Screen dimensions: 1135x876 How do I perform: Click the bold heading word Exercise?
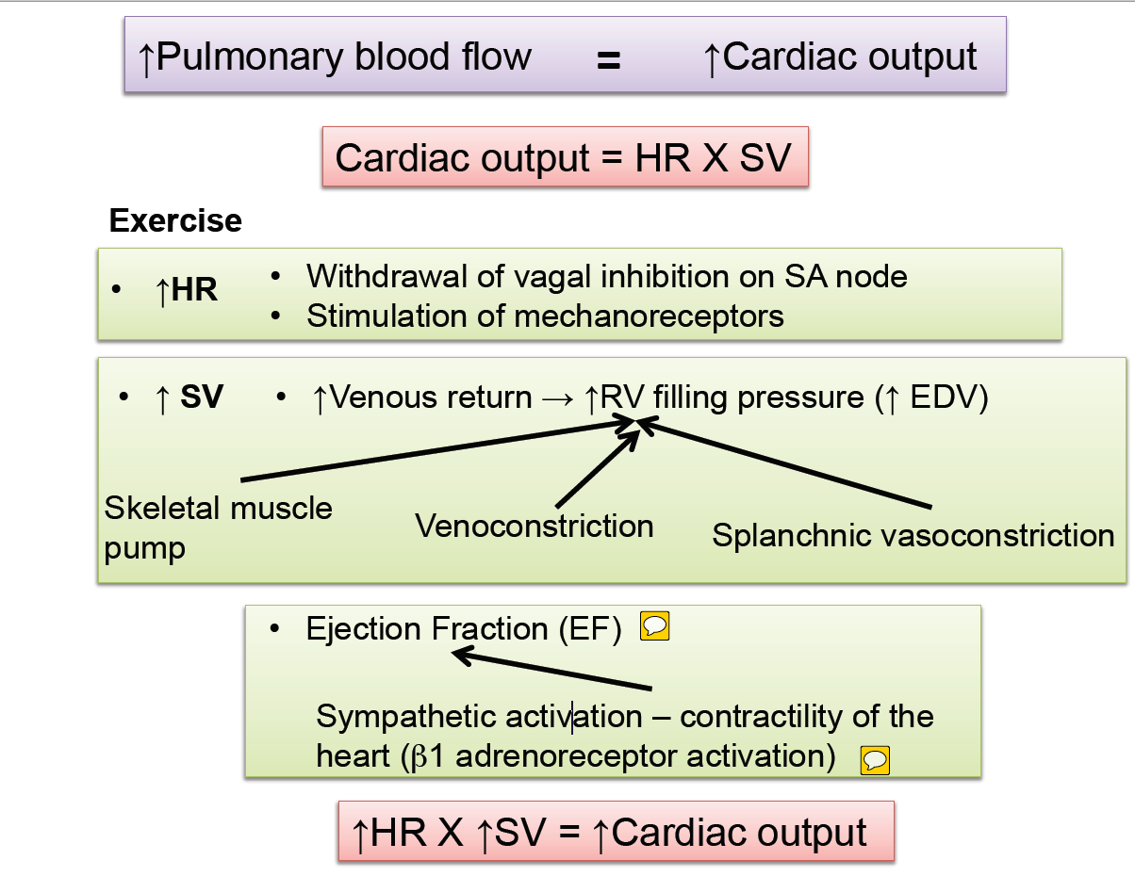[175, 220]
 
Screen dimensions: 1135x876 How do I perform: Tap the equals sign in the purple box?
[608, 60]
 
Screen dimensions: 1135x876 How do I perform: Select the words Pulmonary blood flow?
[344, 57]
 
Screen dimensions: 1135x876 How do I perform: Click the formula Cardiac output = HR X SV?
[564, 157]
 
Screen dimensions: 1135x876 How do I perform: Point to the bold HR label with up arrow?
[187, 291]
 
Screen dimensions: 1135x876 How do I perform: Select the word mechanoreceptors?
[650, 316]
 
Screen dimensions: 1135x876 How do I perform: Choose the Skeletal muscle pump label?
[218, 527]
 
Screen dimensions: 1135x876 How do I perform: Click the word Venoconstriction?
[535, 526]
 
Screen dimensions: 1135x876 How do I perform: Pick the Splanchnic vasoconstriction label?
[913, 536]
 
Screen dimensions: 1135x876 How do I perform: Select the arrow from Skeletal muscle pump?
[434, 453]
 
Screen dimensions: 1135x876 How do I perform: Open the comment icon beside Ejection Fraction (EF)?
[654, 625]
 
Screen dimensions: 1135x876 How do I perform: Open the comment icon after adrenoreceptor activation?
[875, 759]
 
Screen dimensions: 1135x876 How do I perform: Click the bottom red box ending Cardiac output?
[615, 832]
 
